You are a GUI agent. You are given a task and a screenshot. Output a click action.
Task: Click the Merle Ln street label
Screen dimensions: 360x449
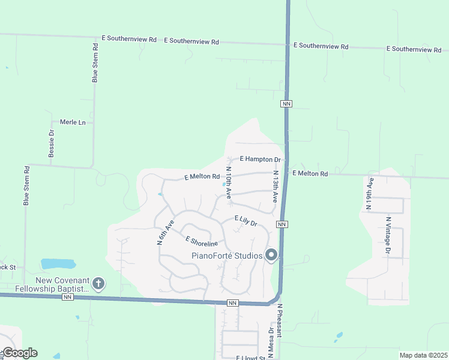coord(73,122)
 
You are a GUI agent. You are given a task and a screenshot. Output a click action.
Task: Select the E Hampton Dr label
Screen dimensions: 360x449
coord(261,160)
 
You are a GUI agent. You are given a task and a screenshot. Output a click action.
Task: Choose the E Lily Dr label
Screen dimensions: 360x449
coord(246,221)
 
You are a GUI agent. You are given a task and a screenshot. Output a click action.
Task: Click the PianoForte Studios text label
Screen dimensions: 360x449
coord(227,256)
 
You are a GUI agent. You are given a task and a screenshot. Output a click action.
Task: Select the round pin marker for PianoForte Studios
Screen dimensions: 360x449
coord(271,256)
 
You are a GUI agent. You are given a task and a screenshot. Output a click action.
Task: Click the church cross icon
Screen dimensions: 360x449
coord(98,283)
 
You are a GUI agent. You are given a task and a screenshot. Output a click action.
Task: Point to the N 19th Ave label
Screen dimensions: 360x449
coord(369,193)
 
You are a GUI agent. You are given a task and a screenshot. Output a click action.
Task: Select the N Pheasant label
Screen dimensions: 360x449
coord(279,328)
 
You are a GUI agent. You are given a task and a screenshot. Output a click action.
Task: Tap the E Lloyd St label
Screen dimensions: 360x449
coord(252,358)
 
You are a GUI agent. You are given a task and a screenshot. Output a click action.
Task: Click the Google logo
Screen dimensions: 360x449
coord(19,353)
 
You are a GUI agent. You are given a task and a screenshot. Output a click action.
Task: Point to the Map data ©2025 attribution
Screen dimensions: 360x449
coord(423,355)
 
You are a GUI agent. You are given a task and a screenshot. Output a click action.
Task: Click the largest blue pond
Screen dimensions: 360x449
coord(58,263)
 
